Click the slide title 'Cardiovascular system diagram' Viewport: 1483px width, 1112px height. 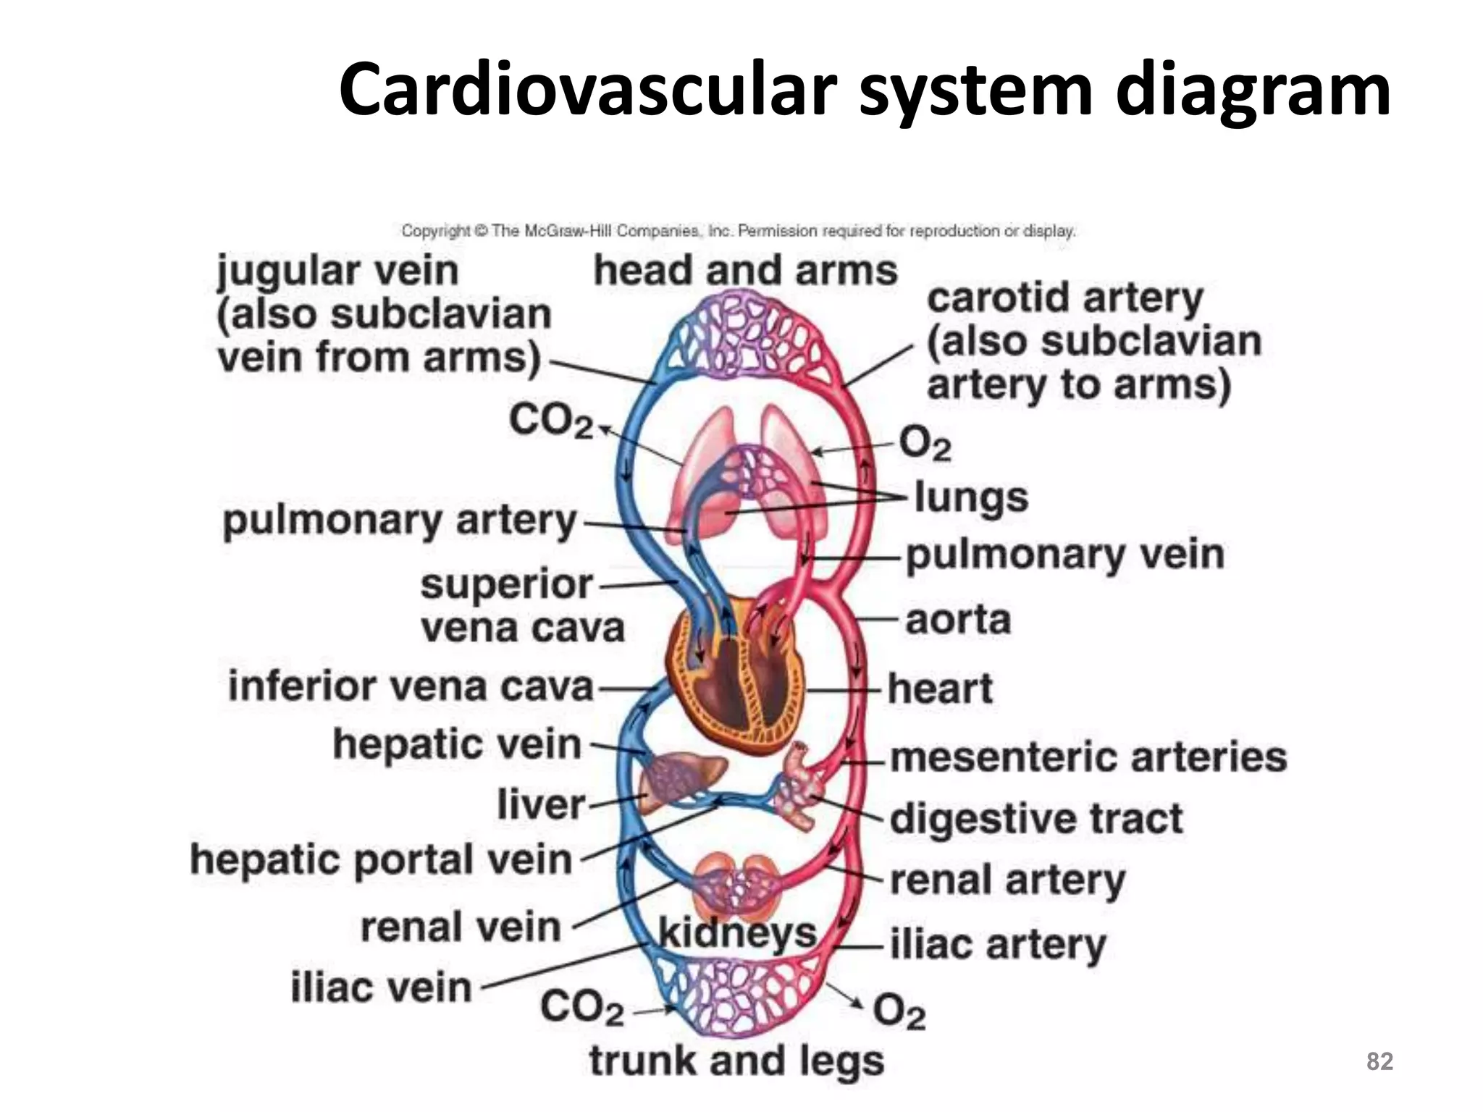pos(864,89)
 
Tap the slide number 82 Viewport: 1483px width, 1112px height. pos(1379,1061)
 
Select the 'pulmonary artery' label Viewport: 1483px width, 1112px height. pos(400,521)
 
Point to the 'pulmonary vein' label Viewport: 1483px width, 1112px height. pos(1064,556)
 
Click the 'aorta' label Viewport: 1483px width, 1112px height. pos(957,620)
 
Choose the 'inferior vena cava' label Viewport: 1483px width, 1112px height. pos(411,687)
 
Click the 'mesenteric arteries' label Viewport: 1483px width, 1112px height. pos(1088,758)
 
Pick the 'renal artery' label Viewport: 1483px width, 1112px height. pos(1007,881)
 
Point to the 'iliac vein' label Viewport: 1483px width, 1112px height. pos(381,988)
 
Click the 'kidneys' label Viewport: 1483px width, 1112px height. pos(737,935)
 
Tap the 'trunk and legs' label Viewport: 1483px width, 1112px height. pos(736,1062)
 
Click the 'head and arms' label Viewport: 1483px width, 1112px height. pos(745,271)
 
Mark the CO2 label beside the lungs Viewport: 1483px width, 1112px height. pos(550,421)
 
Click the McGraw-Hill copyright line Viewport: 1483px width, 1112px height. pos(738,231)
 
